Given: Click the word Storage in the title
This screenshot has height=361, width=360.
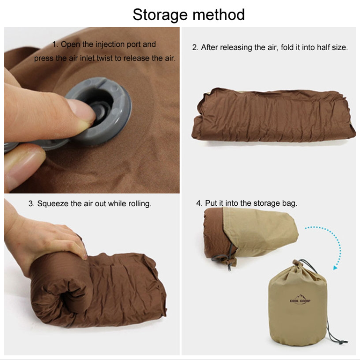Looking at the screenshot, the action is [160, 15].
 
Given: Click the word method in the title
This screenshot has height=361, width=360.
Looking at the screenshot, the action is [218, 15].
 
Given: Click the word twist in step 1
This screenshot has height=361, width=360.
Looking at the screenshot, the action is [105, 58].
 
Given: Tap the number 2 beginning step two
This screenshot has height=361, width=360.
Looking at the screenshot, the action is [195, 48].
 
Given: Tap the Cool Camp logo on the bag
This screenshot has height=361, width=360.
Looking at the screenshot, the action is [300, 299].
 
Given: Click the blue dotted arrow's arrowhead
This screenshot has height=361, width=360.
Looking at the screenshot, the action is [335, 268].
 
